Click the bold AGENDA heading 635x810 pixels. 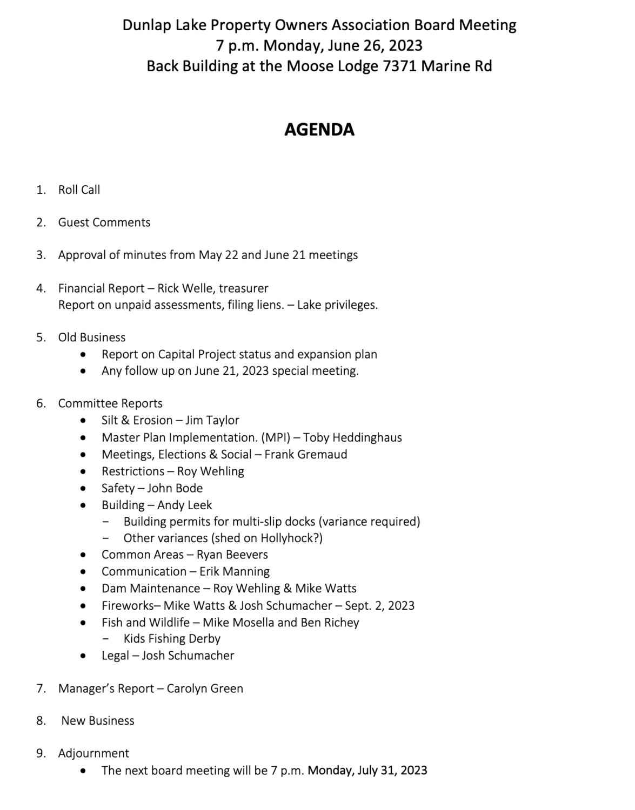pyautogui.click(x=319, y=130)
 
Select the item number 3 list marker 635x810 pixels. pyautogui.click(x=41, y=255)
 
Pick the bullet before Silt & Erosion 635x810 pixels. pyautogui.click(x=82, y=421)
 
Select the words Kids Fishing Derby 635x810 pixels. pyautogui.click(x=172, y=639)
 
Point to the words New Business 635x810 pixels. pyautogui.click(x=98, y=721)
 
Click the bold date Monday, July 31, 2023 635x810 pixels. pyautogui.click(x=367, y=771)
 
